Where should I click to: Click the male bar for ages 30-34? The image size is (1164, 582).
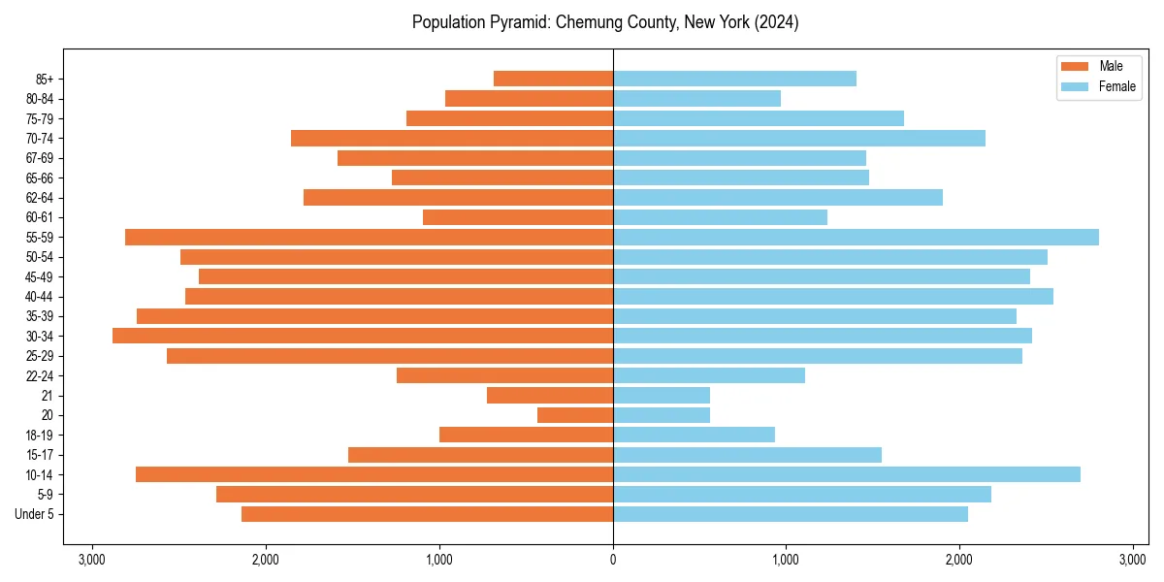pyautogui.click(x=363, y=336)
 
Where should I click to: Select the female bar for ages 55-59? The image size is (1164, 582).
pyautogui.click(x=856, y=237)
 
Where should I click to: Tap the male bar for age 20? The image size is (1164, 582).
pyautogui.click(x=575, y=415)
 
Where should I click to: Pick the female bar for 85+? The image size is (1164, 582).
pyautogui.click(x=734, y=79)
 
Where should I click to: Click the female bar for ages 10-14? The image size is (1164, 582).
pyautogui.click(x=847, y=474)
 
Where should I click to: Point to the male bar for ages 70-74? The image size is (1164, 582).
pyautogui.click(x=452, y=138)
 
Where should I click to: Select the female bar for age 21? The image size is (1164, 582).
pyautogui.click(x=662, y=395)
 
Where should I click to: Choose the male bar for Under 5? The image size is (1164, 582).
pyautogui.click(x=427, y=514)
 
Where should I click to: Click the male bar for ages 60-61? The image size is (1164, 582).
pyautogui.click(x=518, y=217)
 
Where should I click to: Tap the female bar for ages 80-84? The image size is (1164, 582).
pyautogui.click(x=696, y=98)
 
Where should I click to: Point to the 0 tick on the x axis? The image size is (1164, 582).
pyautogui.click(x=613, y=560)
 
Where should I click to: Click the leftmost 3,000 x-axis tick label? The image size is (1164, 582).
pyautogui.click(x=92, y=560)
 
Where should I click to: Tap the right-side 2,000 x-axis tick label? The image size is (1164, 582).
pyautogui.click(x=959, y=560)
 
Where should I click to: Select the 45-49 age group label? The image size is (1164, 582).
pyautogui.click(x=39, y=276)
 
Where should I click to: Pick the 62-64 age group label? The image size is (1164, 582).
pyautogui.click(x=39, y=198)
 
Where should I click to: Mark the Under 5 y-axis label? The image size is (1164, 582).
pyautogui.click(x=35, y=514)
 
